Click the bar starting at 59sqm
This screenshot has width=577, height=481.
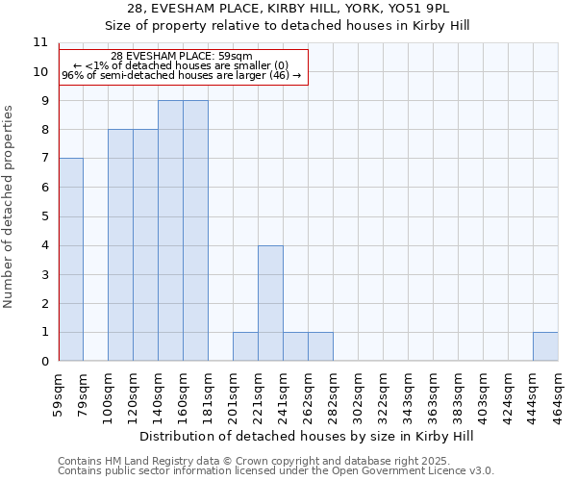click(70, 260)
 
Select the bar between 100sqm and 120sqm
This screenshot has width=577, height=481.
click(120, 245)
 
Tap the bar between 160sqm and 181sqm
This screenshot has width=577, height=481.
click(195, 231)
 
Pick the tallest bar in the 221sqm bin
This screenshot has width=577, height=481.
click(270, 303)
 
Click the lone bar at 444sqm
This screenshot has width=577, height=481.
click(545, 346)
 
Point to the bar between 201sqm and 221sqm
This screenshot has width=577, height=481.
click(245, 346)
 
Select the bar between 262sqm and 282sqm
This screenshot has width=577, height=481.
click(320, 346)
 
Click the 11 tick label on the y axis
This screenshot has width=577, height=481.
click(39, 42)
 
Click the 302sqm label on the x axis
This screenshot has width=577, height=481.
click(358, 394)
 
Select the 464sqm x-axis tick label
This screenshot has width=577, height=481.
click(558, 394)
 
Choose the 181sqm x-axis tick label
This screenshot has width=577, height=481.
click(208, 394)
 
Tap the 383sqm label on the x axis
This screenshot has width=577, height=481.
click(433, 394)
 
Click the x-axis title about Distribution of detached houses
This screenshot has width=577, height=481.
click(307, 436)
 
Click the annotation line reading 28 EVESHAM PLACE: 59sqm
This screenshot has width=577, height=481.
click(182, 57)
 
